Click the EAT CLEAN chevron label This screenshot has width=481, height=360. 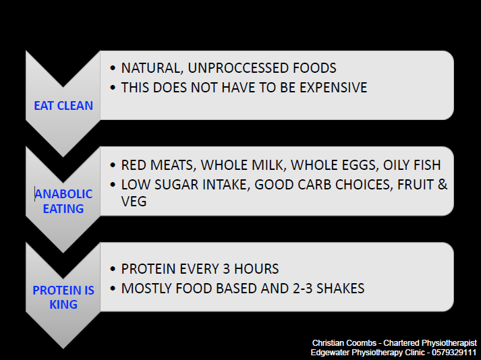coord(63,105)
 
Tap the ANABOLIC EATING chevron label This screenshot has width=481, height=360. coord(63,201)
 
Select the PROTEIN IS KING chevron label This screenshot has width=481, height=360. coord(63,297)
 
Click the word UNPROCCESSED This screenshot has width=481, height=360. coord(238,68)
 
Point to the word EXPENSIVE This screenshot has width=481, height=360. coord(333,88)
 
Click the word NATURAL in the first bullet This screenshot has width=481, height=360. coord(152,68)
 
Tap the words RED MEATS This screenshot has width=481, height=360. coord(159,165)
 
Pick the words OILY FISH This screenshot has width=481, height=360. coord(412,165)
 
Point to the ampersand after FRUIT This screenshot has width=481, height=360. coord(443,185)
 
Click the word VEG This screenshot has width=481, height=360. coord(134,202)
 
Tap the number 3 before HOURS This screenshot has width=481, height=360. coord(227,269)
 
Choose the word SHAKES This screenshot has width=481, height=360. coord(340,289)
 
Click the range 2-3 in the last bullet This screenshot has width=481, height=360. coord(302,289)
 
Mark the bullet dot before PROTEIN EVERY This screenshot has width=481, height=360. coord(113,269)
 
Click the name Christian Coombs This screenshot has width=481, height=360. coord(344,343)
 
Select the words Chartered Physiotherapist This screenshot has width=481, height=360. coord(430,343)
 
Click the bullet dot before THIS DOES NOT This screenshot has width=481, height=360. coord(113,88)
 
